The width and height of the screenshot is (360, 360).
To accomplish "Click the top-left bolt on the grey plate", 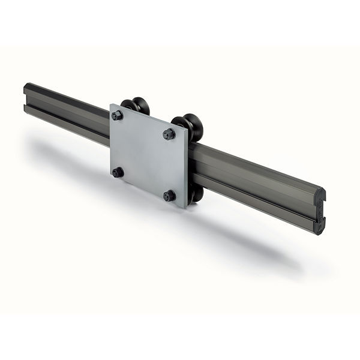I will click(x=117, y=115).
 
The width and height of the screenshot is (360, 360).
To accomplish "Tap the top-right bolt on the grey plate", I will click(x=169, y=134).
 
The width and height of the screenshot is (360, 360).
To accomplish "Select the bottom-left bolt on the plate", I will click(x=118, y=172).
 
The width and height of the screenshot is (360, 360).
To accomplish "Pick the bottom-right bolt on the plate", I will click(x=170, y=196).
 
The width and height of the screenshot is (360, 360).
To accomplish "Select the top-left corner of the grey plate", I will click(x=111, y=105).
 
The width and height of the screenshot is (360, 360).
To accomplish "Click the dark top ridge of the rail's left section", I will click(x=66, y=96).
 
